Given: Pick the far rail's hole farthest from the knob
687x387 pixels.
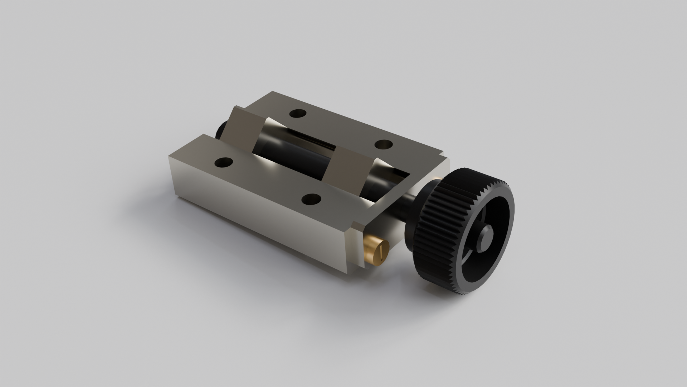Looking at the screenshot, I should coord(298,114).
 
